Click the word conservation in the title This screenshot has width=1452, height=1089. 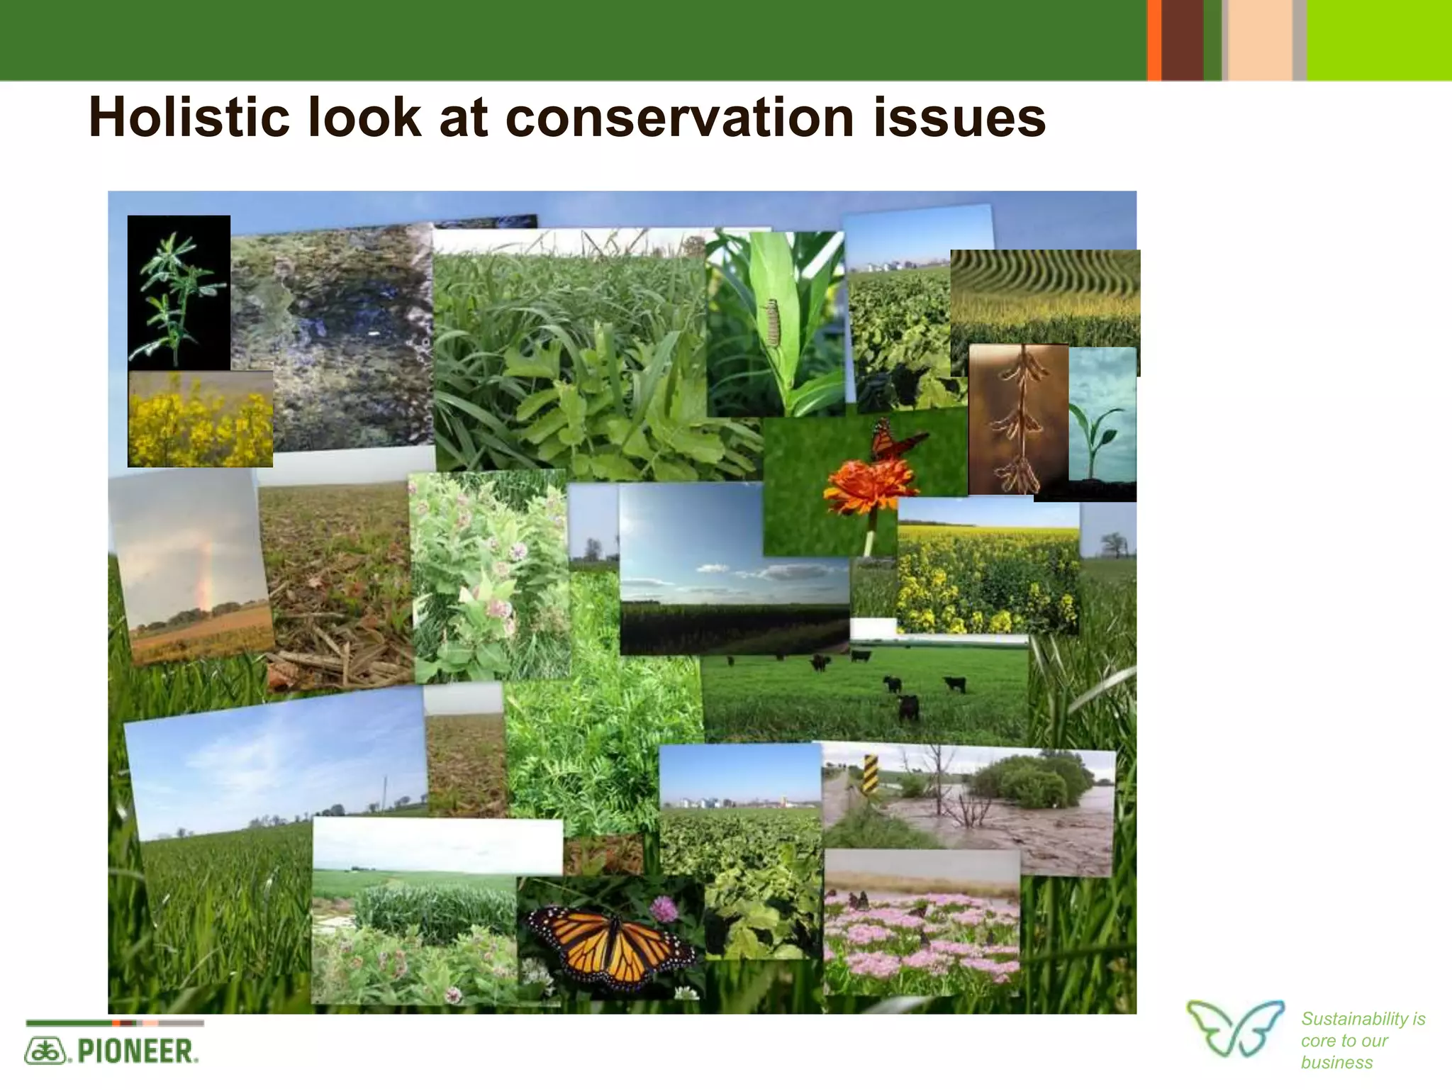pyautogui.click(x=679, y=118)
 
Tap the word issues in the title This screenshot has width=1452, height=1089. pyautogui.click(x=959, y=118)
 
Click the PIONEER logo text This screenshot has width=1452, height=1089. pyautogui.click(x=135, y=1051)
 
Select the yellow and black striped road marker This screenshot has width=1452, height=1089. pyautogui.click(x=871, y=775)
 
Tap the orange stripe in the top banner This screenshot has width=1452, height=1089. pyautogui.click(x=1154, y=40)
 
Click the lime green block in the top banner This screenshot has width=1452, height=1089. pyautogui.click(x=1378, y=40)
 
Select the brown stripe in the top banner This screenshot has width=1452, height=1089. pyautogui.click(x=1183, y=40)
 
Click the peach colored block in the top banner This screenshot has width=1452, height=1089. pyautogui.click(x=1259, y=40)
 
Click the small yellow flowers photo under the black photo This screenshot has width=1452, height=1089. pyautogui.click(x=200, y=420)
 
